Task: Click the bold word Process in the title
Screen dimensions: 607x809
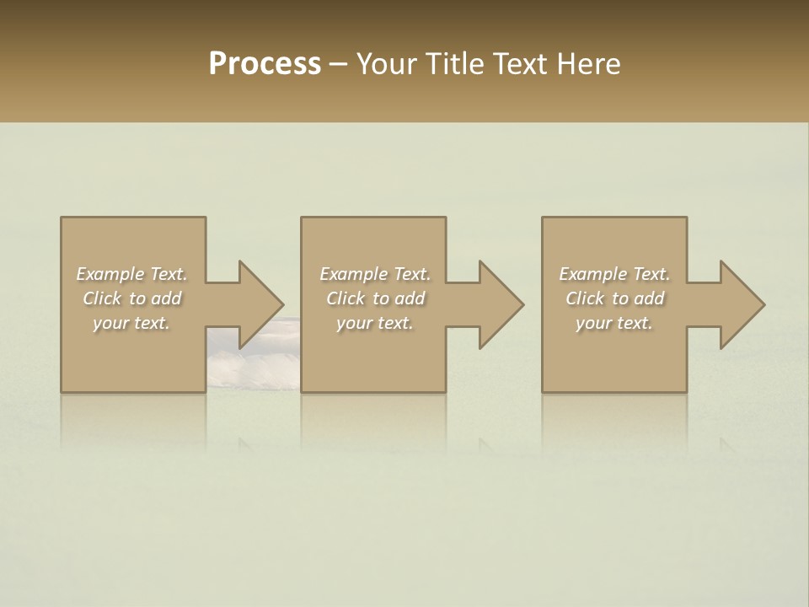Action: (x=265, y=64)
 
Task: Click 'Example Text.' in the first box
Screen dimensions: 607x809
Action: (x=131, y=274)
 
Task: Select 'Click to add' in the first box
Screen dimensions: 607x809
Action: (x=131, y=298)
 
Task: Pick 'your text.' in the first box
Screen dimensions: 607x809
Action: (x=131, y=323)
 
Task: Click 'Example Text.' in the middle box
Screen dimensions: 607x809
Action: (x=375, y=274)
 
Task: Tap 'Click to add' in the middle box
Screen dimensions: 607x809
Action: (x=375, y=298)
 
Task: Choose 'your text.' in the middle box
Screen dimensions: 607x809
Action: (x=375, y=323)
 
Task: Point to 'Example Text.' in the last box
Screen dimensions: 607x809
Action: (x=614, y=274)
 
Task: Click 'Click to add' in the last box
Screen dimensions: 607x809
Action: (x=614, y=298)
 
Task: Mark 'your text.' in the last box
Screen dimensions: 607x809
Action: (x=614, y=323)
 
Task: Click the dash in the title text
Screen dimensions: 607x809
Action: (x=338, y=65)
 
